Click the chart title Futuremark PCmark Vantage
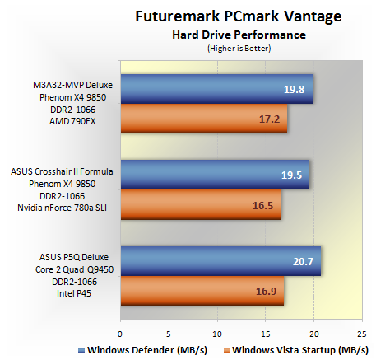tap(239, 16)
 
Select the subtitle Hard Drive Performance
tap(239, 35)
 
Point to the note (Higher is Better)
tap(239, 49)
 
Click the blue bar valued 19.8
tap(216, 89)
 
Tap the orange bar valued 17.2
tap(204, 119)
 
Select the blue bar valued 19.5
tap(215, 175)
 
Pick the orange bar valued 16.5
tap(201, 204)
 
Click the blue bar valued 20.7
tap(220, 261)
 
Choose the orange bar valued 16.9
tap(202, 291)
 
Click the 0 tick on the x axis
tap(120, 334)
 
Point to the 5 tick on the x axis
tap(169, 334)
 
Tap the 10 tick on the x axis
tap(217, 334)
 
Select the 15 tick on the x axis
tap(265, 334)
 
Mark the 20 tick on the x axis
tap(314, 334)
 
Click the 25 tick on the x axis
tap(362, 334)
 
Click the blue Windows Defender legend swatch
tap(81, 350)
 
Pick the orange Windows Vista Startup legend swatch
tap(226, 350)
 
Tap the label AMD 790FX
tap(72, 121)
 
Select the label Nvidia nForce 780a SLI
tap(62, 208)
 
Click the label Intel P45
tap(74, 293)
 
